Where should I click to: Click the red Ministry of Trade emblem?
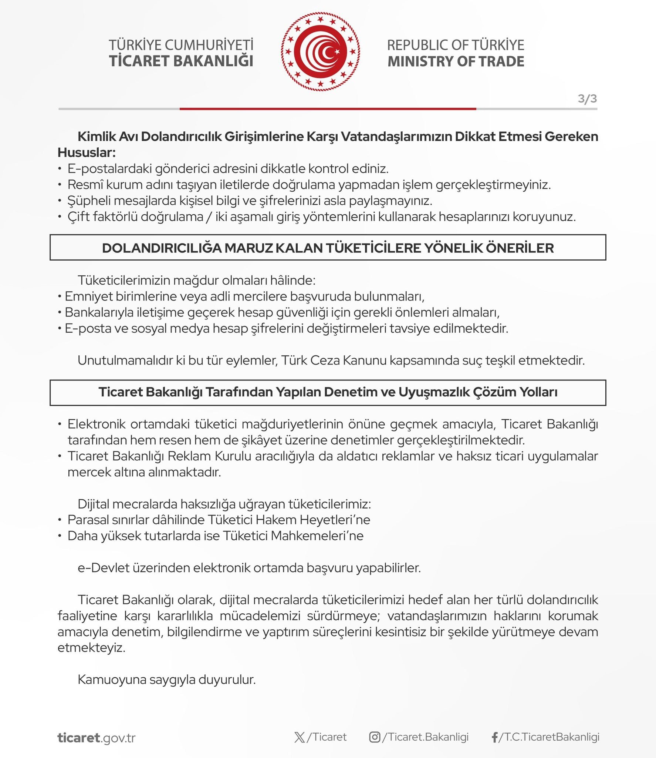320,52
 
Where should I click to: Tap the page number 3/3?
587,99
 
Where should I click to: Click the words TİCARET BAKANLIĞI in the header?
181,61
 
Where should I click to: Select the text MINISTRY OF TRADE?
456,61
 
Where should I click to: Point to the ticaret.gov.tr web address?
97,738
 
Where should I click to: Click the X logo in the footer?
300,737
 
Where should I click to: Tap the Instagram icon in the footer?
375,737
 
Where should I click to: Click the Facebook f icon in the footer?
494,738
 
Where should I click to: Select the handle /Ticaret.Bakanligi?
425,737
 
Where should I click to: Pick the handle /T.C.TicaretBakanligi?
549,737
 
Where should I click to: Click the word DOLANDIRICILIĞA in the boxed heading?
161,248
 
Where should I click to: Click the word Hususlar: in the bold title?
87,152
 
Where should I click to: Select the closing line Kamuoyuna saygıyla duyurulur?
166,679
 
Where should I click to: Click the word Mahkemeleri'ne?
317,536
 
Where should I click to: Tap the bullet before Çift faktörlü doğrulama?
60,217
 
